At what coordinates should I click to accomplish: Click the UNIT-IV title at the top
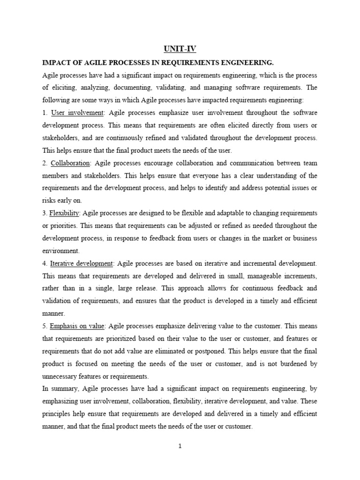(180, 48)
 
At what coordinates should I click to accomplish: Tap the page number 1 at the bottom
(180, 446)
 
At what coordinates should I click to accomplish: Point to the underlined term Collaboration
(70, 163)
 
